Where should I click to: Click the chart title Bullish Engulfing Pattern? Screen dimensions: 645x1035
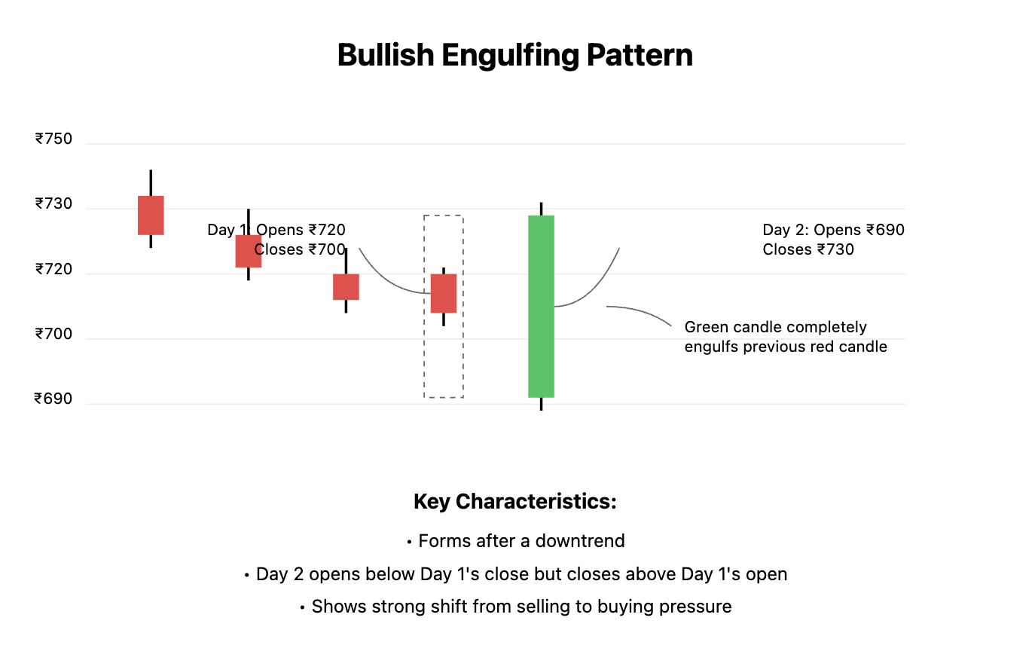(x=515, y=56)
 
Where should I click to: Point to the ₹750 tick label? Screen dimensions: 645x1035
(x=53, y=139)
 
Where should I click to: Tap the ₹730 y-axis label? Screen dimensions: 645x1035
(x=53, y=204)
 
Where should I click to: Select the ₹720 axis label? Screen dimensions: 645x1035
(x=53, y=270)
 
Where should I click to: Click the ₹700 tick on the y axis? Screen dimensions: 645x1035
(x=53, y=335)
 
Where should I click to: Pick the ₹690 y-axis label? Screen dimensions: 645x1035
(x=53, y=399)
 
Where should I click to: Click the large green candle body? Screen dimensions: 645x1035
(x=541, y=306)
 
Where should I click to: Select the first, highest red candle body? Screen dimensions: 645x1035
(x=151, y=216)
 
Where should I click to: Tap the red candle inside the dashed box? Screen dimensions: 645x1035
(x=444, y=293)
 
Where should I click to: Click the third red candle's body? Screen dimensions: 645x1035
(x=346, y=287)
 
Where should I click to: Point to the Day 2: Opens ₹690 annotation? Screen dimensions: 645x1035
(x=833, y=230)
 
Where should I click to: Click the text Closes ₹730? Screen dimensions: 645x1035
(x=808, y=249)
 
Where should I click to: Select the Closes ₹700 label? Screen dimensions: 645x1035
(x=300, y=249)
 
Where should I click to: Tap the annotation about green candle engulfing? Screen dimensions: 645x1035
(x=786, y=337)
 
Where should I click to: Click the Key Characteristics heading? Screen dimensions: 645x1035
(x=515, y=502)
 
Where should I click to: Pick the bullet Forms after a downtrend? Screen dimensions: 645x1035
(x=515, y=541)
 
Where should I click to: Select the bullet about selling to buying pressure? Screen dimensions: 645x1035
(x=515, y=607)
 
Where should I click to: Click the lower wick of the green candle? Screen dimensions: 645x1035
(x=541, y=404)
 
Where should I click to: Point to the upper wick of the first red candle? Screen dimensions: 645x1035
(x=151, y=183)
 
